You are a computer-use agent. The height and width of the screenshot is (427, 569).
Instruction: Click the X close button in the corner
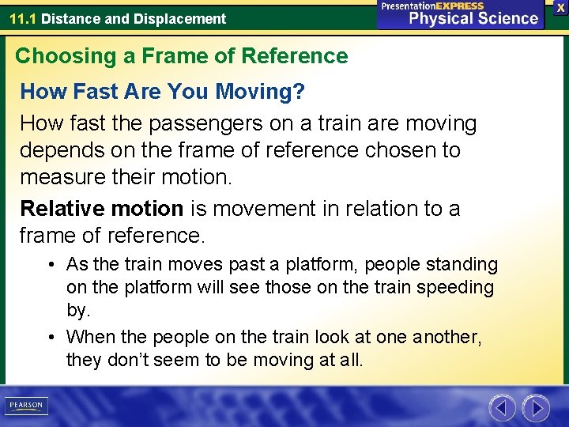[x=560, y=7]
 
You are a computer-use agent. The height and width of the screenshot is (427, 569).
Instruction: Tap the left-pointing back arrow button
[x=502, y=408]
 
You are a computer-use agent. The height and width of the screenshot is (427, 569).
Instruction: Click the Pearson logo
[x=25, y=406]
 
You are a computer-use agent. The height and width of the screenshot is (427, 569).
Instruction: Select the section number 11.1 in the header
[x=23, y=18]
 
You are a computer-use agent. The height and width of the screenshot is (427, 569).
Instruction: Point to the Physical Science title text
[x=473, y=18]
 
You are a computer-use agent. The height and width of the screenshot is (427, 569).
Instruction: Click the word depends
[x=58, y=150]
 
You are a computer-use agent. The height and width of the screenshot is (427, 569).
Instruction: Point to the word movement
[x=254, y=209]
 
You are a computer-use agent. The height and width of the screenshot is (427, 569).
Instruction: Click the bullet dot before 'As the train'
[x=50, y=264]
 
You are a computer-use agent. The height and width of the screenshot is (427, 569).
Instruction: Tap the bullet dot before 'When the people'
[x=50, y=337]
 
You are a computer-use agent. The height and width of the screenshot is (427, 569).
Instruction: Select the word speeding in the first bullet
[x=458, y=288]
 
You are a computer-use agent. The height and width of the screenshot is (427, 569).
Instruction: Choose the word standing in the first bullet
[x=462, y=264]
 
